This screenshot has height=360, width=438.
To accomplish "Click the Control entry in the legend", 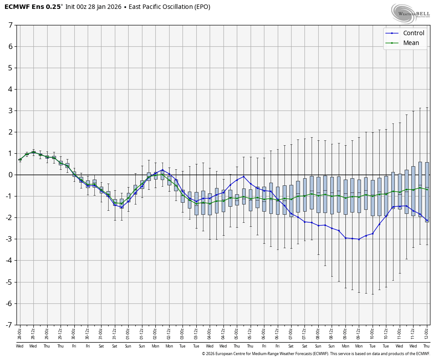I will [x=414, y=33].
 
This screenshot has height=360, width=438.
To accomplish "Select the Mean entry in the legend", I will [x=411, y=43].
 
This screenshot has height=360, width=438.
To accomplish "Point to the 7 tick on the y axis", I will [x=10, y=25].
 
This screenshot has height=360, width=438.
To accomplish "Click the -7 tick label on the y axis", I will [x=9, y=325].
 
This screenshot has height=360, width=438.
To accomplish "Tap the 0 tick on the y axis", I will [x=10, y=175].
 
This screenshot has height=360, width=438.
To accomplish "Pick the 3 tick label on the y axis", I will [x=10, y=110].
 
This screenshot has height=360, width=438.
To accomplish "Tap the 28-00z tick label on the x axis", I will [x=20, y=334].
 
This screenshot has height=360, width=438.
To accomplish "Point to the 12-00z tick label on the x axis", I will [x=427, y=334].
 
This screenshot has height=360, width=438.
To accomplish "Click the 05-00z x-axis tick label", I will [x=237, y=334].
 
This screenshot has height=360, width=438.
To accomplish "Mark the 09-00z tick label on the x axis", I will [x=345, y=334].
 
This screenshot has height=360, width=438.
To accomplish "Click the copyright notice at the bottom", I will [x=316, y=354].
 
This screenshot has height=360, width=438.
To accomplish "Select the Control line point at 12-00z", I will [x=427, y=221].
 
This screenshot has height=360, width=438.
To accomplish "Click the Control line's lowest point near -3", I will [x=359, y=239].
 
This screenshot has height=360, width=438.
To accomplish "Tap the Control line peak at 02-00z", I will [x=162, y=170].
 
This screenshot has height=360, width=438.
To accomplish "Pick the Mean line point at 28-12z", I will [x=33, y=152].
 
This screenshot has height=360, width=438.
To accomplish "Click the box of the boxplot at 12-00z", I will [x=427, y=192].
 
